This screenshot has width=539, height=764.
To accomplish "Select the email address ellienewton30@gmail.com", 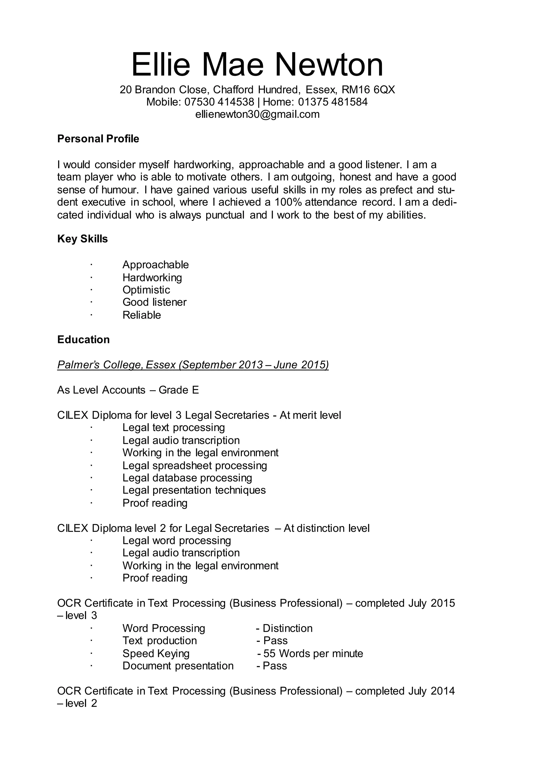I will [257, 114].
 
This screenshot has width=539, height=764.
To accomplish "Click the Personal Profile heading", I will [98, 139].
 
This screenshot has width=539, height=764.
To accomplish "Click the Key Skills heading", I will [82, 239].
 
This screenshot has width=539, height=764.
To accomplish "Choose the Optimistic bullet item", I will [146, 290].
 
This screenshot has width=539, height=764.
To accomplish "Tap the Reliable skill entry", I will [142, 315].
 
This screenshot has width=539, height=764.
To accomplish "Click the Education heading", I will [83, 340].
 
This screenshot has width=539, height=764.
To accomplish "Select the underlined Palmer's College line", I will [193, 365].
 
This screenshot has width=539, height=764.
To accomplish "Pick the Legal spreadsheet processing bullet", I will [194, 466].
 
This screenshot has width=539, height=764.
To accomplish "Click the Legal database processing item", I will [187, 478].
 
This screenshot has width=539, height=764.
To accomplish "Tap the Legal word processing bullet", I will [177, 541].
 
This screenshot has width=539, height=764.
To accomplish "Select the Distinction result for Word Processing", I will [287, 629].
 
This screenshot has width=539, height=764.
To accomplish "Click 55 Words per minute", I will [313, 654].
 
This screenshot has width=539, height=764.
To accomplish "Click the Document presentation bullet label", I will [178, 666].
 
